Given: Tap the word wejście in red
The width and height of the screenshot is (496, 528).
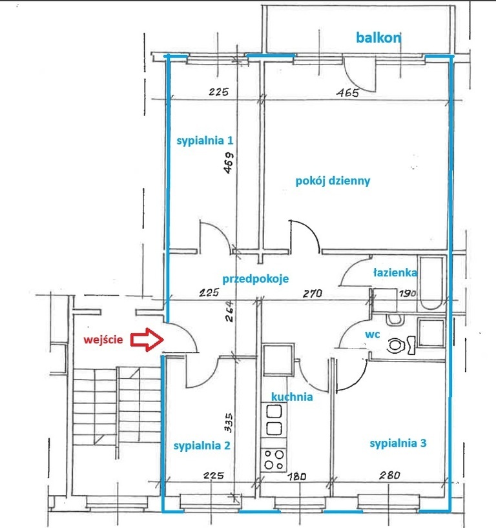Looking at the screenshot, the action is pos(103,340).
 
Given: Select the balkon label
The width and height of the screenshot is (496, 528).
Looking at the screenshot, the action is pos(378,37).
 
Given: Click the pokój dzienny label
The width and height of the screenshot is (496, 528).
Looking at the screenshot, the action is pos(333,181).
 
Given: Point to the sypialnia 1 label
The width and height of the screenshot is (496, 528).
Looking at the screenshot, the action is pos(205,140).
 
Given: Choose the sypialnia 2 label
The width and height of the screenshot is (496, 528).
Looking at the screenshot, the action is pos(202,445).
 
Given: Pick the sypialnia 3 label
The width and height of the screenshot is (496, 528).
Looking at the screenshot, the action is pos(398,443).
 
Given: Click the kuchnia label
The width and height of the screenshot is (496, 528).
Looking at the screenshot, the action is pos(292,397).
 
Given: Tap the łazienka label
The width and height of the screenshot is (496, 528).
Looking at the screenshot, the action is pos(395,272).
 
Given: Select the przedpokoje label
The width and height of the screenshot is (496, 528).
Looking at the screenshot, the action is pos(255,279).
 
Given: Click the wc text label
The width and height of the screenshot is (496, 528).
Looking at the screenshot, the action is pos(373,334).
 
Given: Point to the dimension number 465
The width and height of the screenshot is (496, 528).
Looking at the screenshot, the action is pos(347,92).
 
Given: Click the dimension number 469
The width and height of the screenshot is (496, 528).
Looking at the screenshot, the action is pos(229,163).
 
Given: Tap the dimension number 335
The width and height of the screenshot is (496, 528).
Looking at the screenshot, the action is pos(228,423).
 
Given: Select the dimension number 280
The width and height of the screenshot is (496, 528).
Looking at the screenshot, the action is pos(389,475).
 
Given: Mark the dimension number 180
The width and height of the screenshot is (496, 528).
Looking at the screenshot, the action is pos(297,476).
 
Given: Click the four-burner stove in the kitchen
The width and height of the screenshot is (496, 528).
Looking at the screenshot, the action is pos(274,460).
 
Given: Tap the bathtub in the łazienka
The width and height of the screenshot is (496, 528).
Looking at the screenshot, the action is pos(431,284).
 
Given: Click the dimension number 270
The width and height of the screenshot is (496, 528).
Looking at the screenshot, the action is pos(313,293).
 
